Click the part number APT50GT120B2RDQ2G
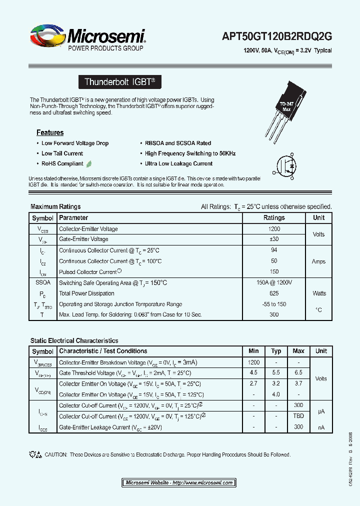[x=277, y=36]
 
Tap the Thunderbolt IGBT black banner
[x=120, y=82]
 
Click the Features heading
[x=50, y=132]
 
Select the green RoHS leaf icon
[x=89, y=163]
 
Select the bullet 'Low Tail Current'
[x=62, y=153]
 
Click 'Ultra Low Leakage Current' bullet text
[x=178, y=163]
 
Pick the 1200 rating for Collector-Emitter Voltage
[x=274, y=229]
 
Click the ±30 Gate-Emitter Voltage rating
[x=274, y=239]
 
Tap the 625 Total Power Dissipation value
[x=274, y=293]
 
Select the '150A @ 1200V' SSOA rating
[x=274, y=282]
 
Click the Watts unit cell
[x=319, y=293]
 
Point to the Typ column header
[x=276, y=351]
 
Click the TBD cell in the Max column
[x=298, y=416]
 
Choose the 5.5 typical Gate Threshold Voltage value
[x=276, y=373]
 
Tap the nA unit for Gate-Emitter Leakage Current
[x=321, y=427]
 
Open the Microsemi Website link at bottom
[x=179, y=482]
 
